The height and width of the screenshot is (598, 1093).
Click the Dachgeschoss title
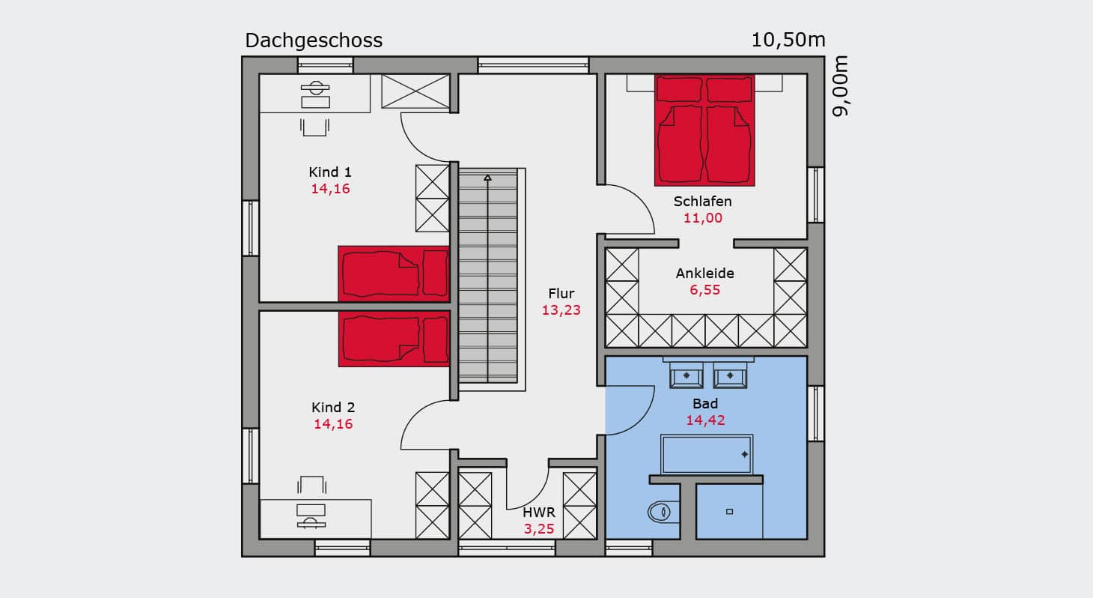coord(314,40)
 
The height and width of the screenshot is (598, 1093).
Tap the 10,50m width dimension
coord(788,40)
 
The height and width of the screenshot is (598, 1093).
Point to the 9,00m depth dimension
coord(840,86)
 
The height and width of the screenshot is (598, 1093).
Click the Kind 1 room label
coord(330,172)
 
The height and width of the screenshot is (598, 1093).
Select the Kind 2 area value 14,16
coord(333,423)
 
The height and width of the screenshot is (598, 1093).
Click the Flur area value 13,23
coord(561,309)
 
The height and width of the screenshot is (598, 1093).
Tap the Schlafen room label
coord(702,202)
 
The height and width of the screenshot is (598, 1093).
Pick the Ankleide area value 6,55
coord(704,290)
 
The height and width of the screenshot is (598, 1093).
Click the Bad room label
coord(705,404)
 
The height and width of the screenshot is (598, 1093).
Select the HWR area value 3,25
coord(539,528)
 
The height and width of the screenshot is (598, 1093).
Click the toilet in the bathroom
coord(663,512)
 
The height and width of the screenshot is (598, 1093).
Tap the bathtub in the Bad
coord(707,454)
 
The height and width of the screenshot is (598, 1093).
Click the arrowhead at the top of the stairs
coord(487,178)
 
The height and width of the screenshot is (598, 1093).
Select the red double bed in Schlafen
coord(704,130)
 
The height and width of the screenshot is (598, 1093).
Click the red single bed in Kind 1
coord(393,274)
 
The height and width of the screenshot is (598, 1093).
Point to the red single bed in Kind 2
coord(393,339)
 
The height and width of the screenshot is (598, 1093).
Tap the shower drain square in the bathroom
coord(729,512)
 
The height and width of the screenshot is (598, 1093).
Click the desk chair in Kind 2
coord(311,485)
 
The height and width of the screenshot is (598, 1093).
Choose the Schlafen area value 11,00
coord(702,218)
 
